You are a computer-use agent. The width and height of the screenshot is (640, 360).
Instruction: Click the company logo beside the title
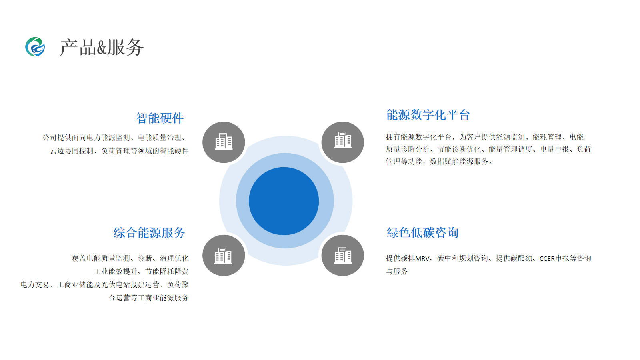click(x=35, y=47)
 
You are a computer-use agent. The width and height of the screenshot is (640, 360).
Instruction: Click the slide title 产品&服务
click(x=102, y=47)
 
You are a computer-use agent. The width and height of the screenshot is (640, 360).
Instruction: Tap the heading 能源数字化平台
click(x=428, y=115)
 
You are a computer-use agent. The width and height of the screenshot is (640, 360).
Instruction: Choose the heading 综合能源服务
click(x=149, y=233)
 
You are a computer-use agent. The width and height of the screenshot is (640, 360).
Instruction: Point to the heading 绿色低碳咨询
click(x=422, y=233)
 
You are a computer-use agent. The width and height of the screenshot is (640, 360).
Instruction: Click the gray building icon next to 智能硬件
click(x=224, y=142)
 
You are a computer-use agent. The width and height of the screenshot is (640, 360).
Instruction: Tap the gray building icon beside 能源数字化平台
click(x=342, y=142)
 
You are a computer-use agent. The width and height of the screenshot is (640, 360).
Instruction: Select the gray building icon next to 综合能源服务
click(x=224, y=256)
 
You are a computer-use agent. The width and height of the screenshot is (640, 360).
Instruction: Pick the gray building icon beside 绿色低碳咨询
click(x=342, y=256)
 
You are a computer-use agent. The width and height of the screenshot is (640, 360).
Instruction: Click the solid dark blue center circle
click(x=284, y=201)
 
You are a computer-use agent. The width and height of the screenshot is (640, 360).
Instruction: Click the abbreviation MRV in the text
click(x=422, y=259)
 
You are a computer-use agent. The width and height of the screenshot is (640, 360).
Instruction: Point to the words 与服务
click(x=397, y=272)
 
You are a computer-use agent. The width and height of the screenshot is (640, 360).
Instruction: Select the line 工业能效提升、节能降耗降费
click(x=141, y=272)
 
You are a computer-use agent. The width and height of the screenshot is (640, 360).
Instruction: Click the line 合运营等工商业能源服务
click(x=148, y=298)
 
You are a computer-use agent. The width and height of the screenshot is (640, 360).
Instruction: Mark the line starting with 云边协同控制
click(x=119, y=151)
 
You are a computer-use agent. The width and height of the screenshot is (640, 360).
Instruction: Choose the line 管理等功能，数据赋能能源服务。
click(x=440, y=162)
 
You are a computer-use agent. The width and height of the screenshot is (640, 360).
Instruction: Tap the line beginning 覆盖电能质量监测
click(x=130, y=258)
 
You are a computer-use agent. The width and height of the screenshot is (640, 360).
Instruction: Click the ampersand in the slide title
click(x=102, y=48)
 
